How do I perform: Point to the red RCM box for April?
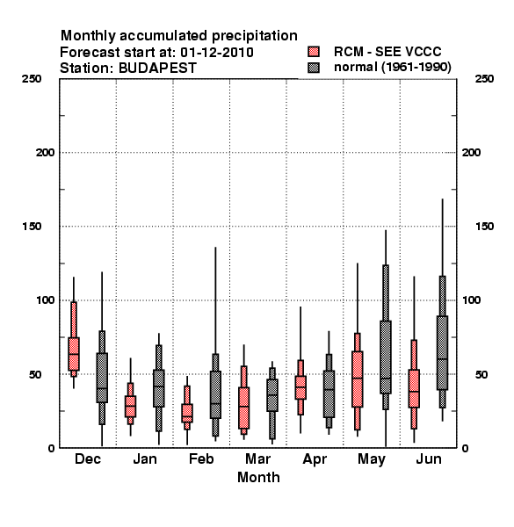pos(300,387)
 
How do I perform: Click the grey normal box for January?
pos(159,388)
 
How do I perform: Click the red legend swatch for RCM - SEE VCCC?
pos(314,52)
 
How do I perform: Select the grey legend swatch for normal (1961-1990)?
pos(314,68)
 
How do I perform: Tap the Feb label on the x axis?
pos(201,458)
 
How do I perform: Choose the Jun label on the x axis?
pos(429,458)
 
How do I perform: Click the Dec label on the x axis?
pos(88,458)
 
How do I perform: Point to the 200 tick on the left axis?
pos(45,153)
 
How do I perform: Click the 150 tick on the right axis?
pos(484,227)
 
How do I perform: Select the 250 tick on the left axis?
pos(32,79)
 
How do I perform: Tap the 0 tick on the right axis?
pos(466,448)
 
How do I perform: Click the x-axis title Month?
pos(258,477)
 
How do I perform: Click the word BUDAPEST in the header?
pos(157,69)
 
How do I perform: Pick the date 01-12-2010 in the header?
pos(217,53)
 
